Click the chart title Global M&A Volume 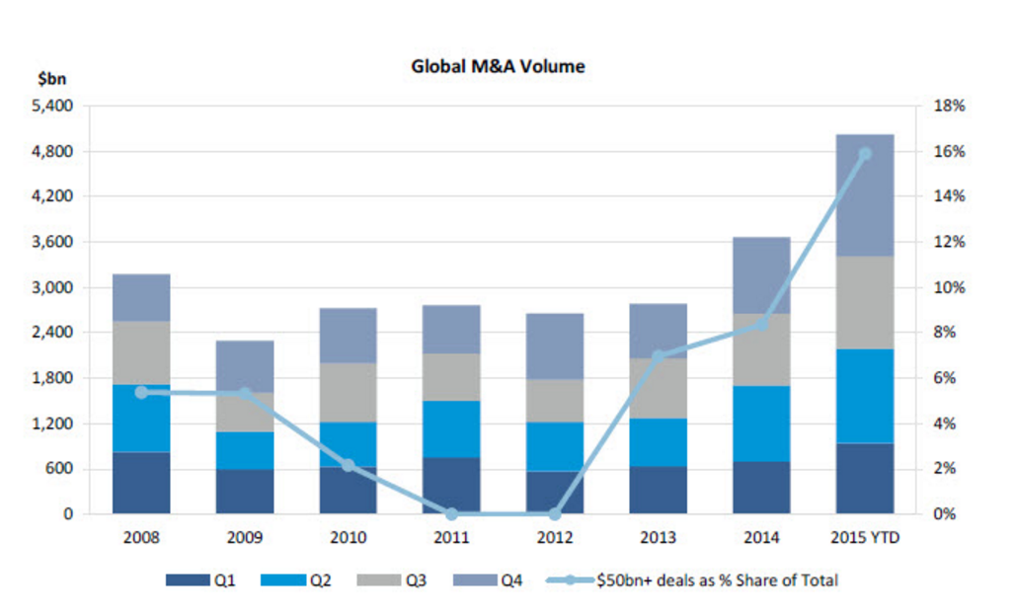[x=498, y=67]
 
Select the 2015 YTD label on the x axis [x=865, y=538]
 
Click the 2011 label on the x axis [x=451, y=538]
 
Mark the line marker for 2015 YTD [x=865, y=153]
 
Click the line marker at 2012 [x=555, y=514]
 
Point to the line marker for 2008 [x=141, y=392]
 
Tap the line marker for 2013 [x=659, y=355]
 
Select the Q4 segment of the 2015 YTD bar [x=865, y=195]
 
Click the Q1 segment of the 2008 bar [x=141, y=483]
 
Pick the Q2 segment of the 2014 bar [x=761, y=423]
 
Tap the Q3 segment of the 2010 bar [x=348, y=392]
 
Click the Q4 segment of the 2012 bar [x=555, y=346]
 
